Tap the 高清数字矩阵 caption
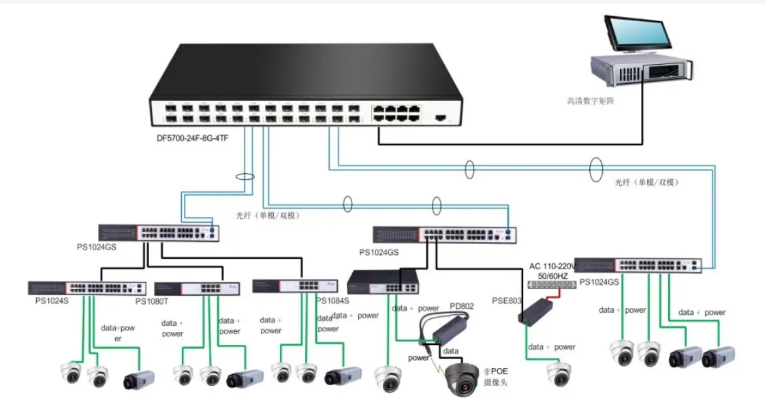coord(594,101)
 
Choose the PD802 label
coord(461,307)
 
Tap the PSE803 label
coord(506,300)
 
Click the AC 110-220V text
coord(553,264)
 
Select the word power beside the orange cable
coord(420,357)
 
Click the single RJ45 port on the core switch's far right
coord(440,117)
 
